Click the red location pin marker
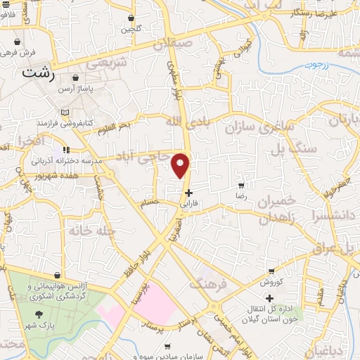coord(181,165)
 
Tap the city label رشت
coord(39,72)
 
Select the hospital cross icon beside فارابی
coord(188,193)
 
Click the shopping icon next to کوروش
coord(271,271)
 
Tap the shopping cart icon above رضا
coord(241,186)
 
